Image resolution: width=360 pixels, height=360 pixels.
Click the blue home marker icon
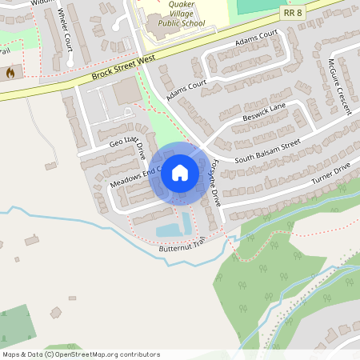(x=180, y=172)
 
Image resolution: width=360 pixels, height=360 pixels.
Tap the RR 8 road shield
(x=293, y=13)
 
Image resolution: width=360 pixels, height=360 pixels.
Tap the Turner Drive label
(x=331, y=176)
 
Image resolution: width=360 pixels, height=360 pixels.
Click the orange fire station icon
(x=10, y=73)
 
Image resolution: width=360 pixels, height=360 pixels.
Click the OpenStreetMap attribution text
(x=80, y=354)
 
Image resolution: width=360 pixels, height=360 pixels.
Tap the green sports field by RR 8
(x=256, y=5)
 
